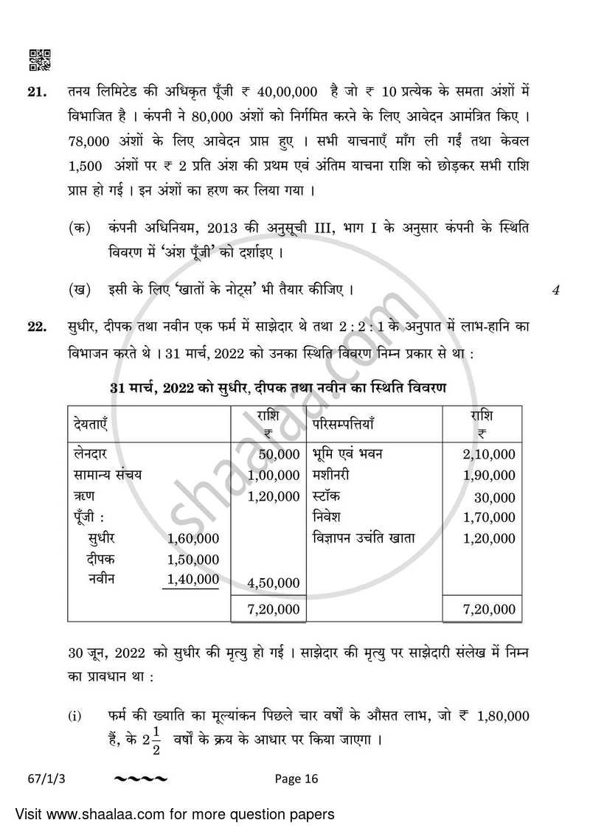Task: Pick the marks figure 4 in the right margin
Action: point(555,291)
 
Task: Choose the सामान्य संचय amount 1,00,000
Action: point(274,476)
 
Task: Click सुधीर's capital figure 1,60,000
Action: point(193,538)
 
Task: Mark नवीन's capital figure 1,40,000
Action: point(193,580)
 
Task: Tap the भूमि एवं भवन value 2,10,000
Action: point(489,454)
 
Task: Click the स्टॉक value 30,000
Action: point(495,497)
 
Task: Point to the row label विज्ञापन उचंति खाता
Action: point(364,538)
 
